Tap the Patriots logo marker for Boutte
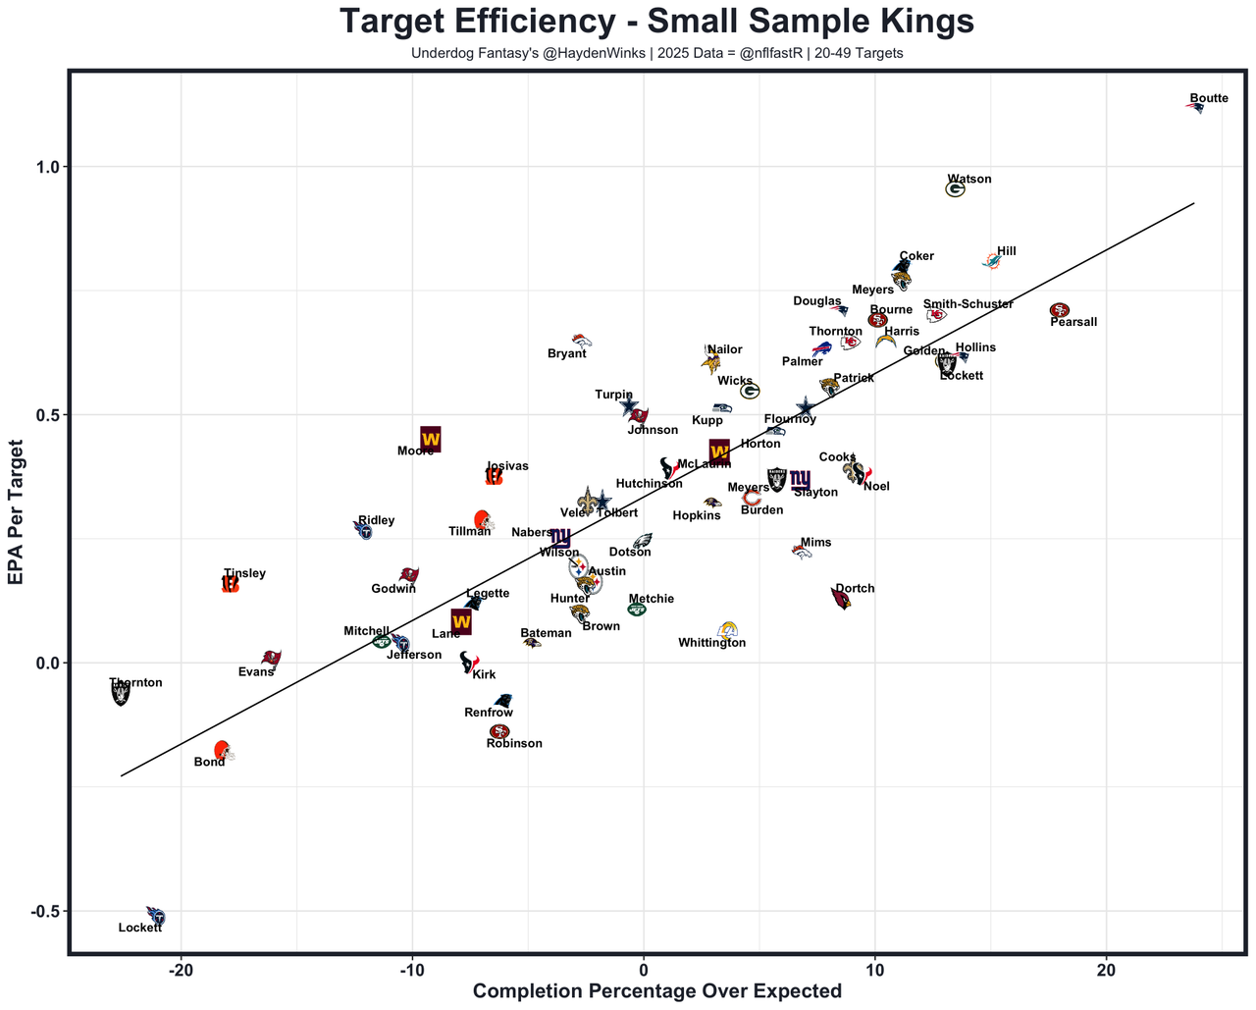(x=1195, y=107)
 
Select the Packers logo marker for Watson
(x=955, y=189)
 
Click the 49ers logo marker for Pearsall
(x=1059, y=310)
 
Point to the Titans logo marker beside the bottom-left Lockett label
(x=155, y=916)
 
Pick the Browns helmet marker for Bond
(x=224, y=752)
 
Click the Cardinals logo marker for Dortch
(x=841, y=598)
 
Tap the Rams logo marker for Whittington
(x=727, y=630)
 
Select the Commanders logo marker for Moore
(x=430, y=439)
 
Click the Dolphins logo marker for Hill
(x=992, y=261)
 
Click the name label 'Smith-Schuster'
(x=968, y=304)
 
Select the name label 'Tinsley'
(x=244, y=573)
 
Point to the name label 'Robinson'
(x=514, y=744)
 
